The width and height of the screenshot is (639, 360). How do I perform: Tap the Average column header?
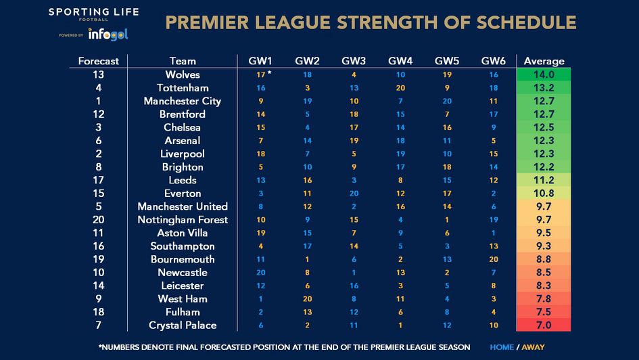(544, 61)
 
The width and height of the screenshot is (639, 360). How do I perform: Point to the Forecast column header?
(98, 61)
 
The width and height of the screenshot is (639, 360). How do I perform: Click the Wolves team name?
(183, 74)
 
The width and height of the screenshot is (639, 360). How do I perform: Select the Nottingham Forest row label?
(183, 220)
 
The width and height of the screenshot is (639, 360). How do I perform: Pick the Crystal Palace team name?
(183, 325)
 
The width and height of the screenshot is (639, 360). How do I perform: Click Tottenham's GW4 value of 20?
(401, 88)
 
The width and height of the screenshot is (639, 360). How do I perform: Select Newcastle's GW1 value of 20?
(260, 273)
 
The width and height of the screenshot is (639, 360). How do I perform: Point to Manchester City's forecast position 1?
(98, 101)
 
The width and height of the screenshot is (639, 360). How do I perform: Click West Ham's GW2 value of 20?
(308, 299)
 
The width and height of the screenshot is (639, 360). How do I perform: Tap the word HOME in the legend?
(502, 347)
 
